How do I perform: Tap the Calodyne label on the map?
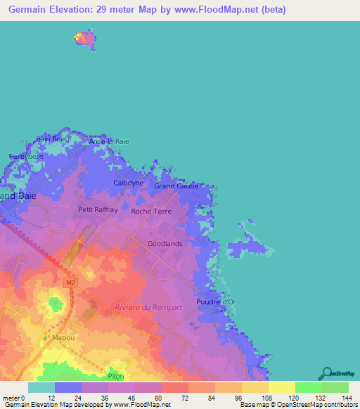[129, 183]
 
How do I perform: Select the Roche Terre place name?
[151, 211]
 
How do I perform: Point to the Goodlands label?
[165, 244]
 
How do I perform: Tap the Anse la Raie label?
[109, 141]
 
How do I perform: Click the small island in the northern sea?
[86, 39]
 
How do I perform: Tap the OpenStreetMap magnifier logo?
[326, 372]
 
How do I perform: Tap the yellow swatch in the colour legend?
[281, 387]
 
